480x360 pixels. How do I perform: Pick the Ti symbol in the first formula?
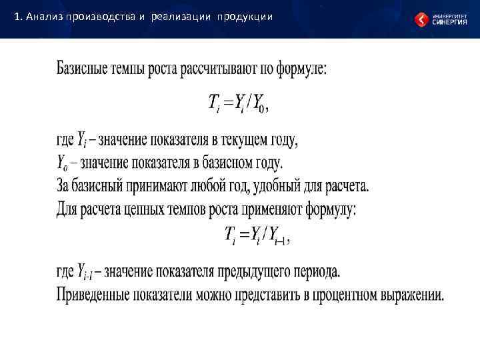click(215, 103)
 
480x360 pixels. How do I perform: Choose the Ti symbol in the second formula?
click(230, 234)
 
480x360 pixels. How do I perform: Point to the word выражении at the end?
click(409, 294)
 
